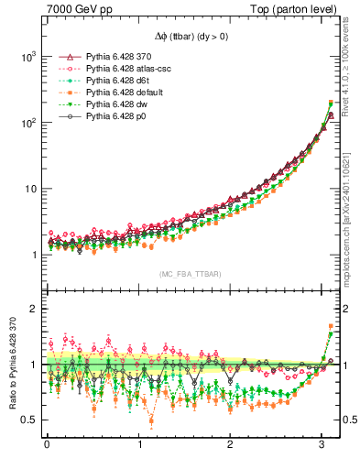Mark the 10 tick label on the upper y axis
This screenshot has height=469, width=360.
(x=29, y=189)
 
